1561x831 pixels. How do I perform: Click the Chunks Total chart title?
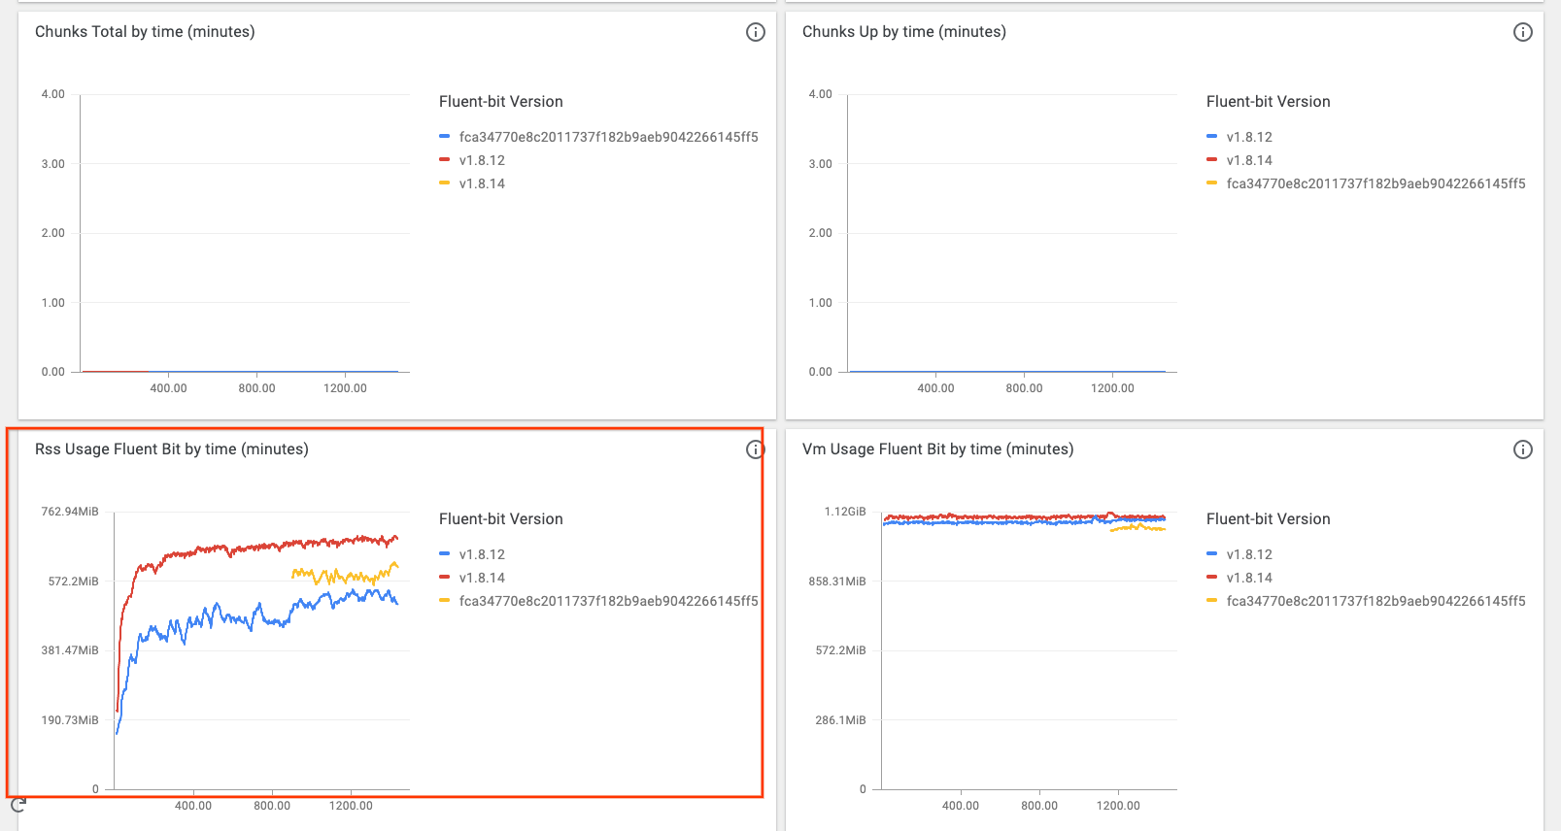pos(145,32)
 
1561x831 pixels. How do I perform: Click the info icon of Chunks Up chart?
pos(1522,32)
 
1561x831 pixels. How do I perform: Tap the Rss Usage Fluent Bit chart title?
pos(171,449)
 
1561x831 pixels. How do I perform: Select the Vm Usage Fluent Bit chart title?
pos(937,449)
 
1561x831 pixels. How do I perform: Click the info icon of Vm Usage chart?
pos(1522,449)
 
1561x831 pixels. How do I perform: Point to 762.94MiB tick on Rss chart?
pos(70,512)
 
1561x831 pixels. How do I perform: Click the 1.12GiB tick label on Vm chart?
pos(844,512)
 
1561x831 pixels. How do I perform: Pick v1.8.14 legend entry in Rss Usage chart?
pos(482,578)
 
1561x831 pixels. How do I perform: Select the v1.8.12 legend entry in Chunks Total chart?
pos(482,160)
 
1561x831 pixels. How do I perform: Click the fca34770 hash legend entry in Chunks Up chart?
pos(1375,183)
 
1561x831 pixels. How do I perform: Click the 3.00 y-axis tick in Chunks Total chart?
pos(53,164)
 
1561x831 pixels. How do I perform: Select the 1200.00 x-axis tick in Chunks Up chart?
pos(1112,388)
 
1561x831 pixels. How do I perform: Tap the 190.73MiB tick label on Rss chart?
pos(70,720)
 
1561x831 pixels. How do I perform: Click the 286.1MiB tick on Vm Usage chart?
pos(840,720)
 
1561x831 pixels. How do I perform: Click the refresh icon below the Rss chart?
pos(17,805)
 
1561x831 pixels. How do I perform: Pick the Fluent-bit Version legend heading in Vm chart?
pos(1268,519)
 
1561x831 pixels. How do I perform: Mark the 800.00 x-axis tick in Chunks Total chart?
pos(256,388)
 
